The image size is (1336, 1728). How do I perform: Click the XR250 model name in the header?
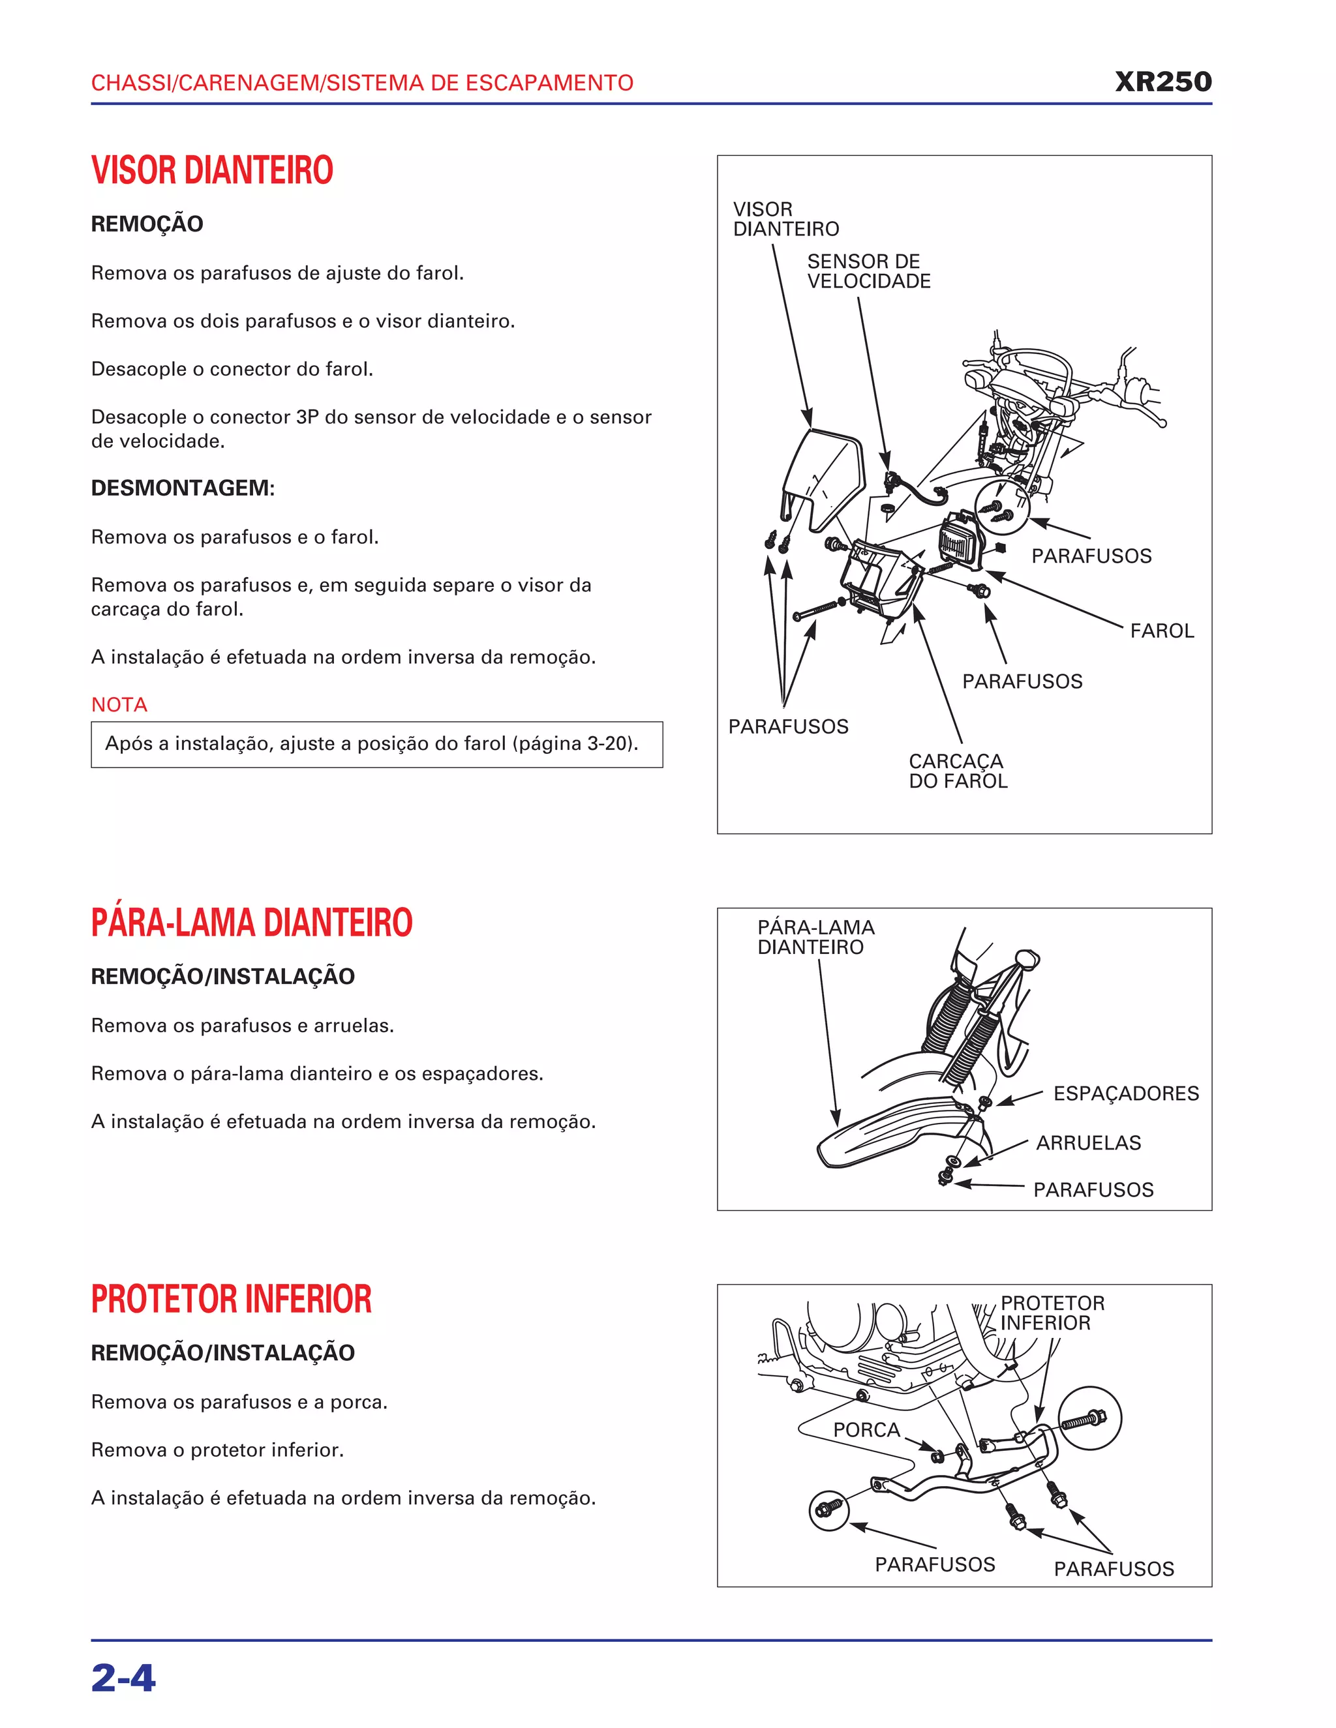tap(1162, 82)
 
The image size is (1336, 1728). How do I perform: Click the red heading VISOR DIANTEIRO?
tap(212, 170)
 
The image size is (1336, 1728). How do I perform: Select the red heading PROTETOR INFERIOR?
tap(231, 1299)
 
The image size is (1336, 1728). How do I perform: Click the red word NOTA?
tap(119, 704)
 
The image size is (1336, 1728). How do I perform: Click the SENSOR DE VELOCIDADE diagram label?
tap(868, 271)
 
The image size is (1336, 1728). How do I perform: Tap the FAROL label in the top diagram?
tap(1161, 631)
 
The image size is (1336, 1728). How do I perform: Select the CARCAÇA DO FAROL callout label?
tap(957, 771)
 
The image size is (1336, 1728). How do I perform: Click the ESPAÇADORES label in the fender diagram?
tap(1125, 1094)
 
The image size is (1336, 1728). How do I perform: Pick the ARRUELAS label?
tap(1088, 1142)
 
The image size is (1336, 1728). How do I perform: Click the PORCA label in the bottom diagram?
tap(866, 1430)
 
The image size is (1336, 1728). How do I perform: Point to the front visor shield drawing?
tap(823, 475)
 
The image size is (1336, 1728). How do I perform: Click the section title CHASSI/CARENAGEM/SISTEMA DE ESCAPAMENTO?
tap(361, 83)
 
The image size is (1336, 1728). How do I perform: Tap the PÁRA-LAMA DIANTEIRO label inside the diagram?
tap(815, 937)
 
